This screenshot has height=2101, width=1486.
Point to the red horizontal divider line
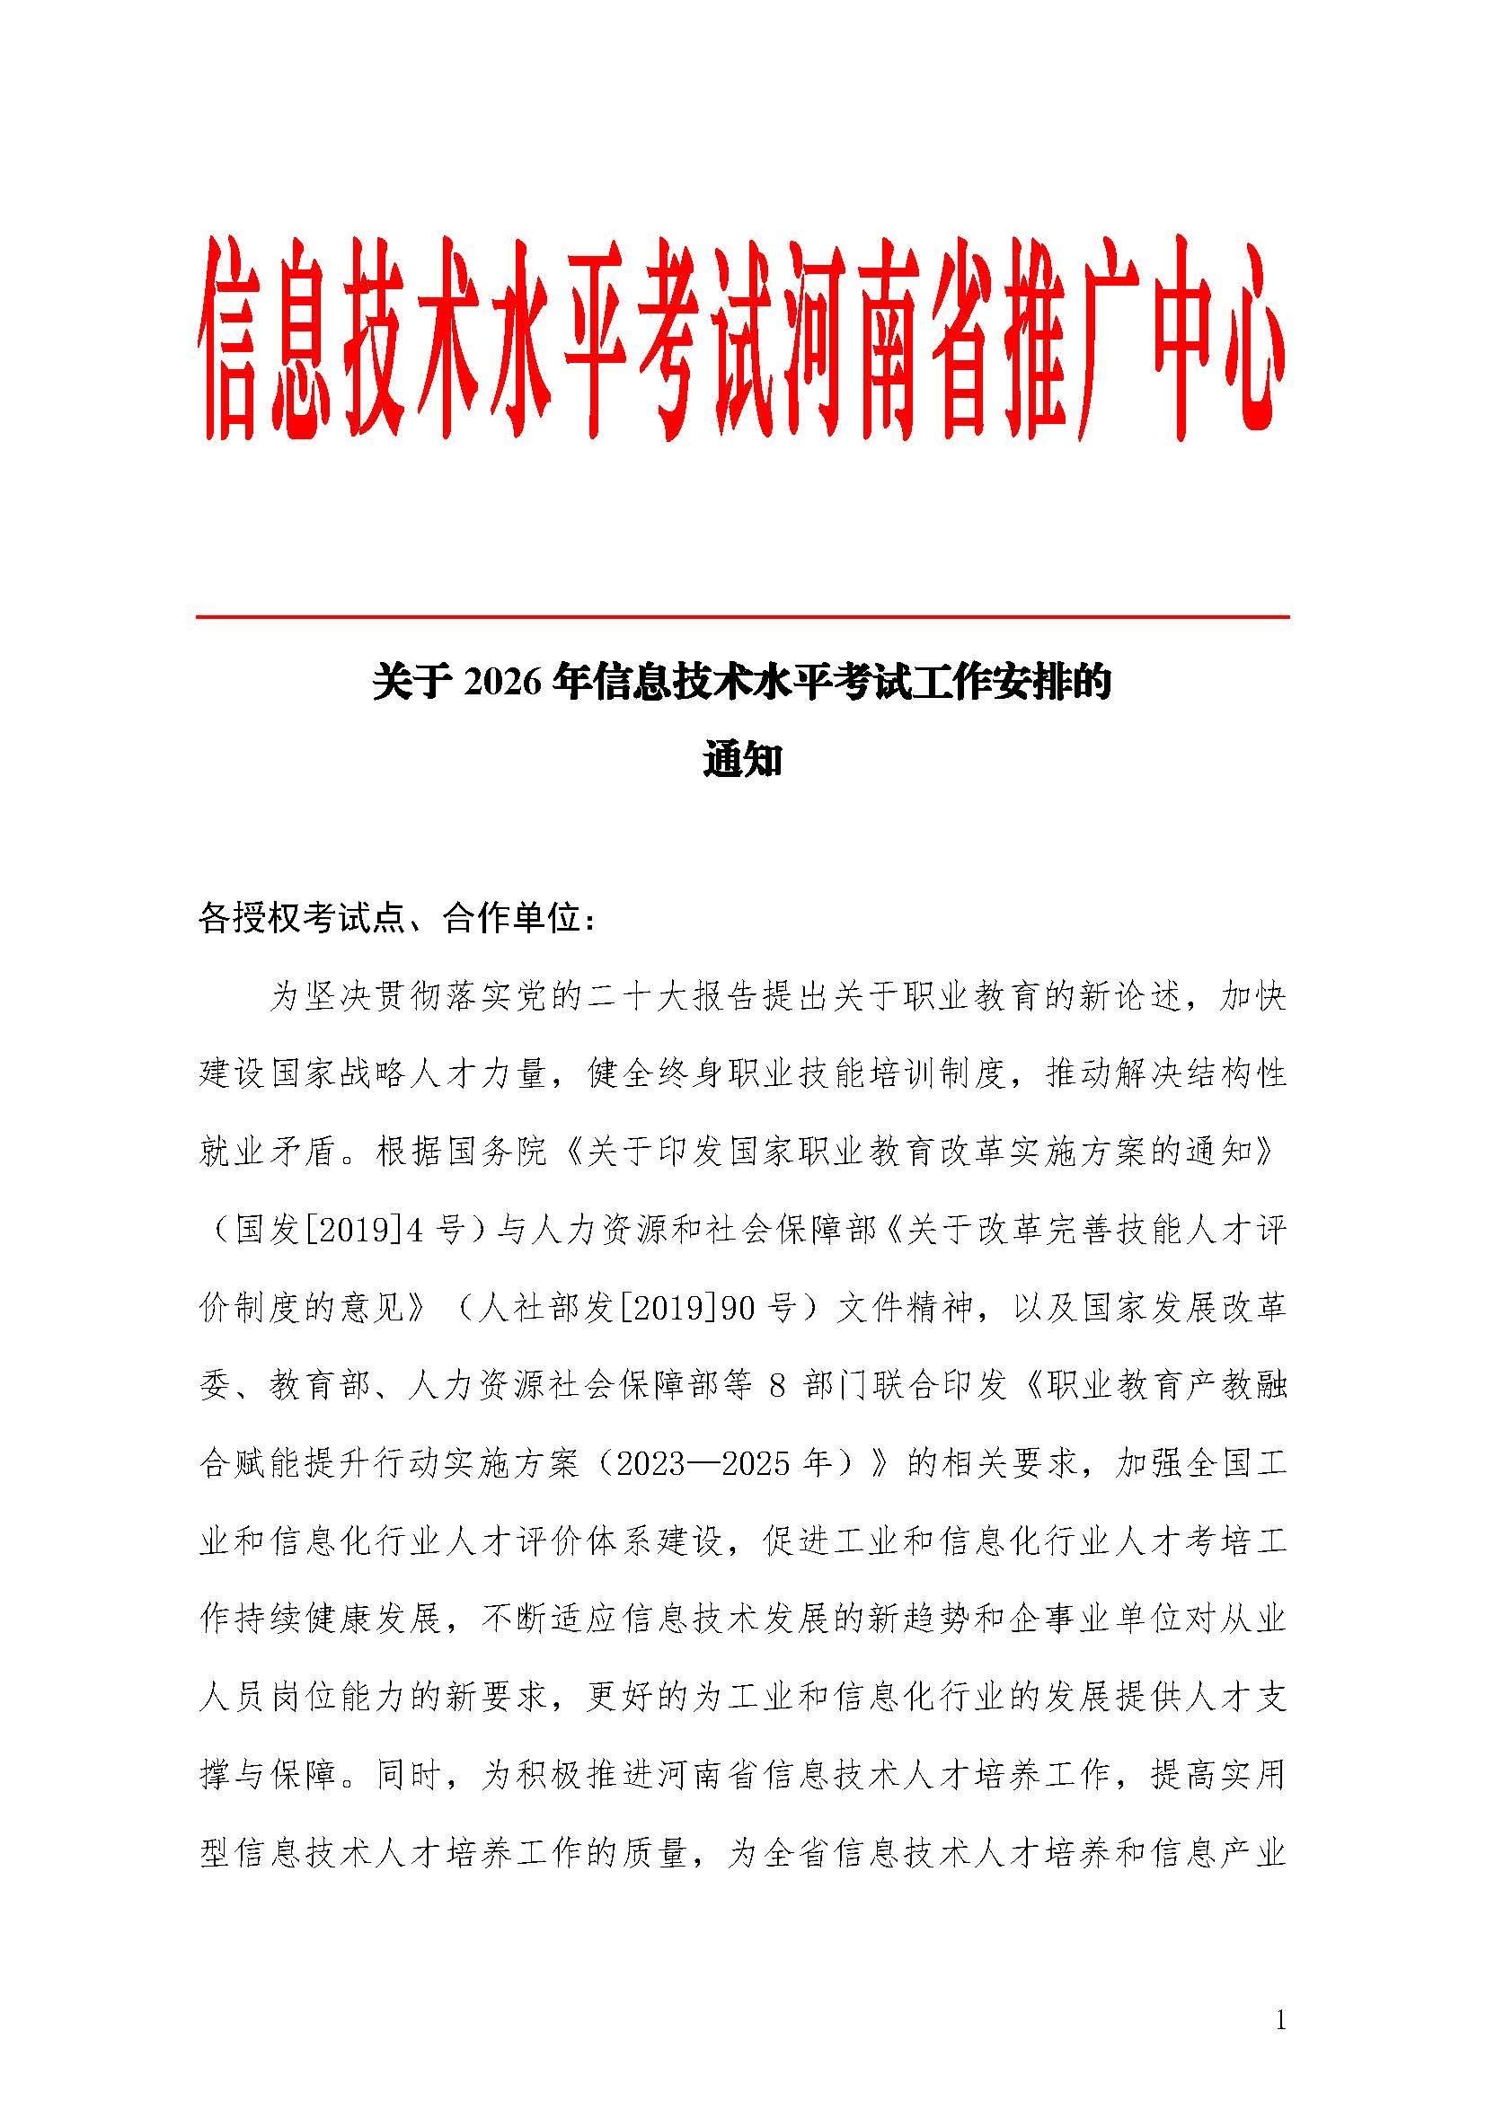coord(742,618)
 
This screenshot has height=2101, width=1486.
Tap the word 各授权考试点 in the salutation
coord(302,919)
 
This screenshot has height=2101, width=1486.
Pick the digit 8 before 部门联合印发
coord(777,1386)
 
